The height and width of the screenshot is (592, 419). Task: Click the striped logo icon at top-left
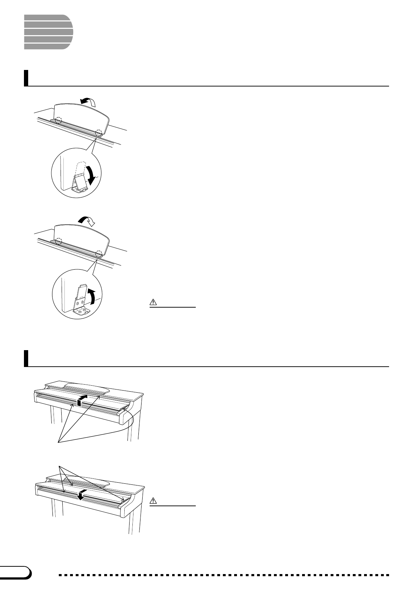(x=48, y=32)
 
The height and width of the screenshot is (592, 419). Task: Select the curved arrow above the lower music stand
(x=87, y=221)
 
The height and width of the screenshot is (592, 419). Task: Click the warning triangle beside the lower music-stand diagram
(x=153, y=302)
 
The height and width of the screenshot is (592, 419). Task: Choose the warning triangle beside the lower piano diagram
(x=153, y=500)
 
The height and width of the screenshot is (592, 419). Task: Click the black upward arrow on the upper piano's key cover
(x=81, y=400)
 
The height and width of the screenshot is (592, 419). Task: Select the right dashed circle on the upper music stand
(x=99, y=133)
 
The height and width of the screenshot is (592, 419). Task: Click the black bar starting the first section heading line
(x=26, y=78)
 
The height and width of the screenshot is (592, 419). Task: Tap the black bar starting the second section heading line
(x=26, y=358)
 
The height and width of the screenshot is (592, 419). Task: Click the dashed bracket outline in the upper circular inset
(x=81, y=168)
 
